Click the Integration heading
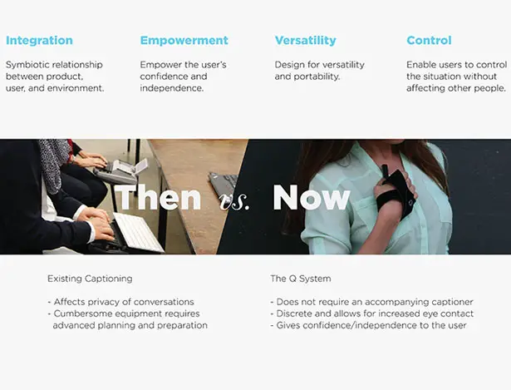(x=39, y=41)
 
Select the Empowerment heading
(x=184, y=41)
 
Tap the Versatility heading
(x=306, y=41)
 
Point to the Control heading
(x=429, y=41)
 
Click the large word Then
(x=159, y=197)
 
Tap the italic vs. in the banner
(x=234, y=202)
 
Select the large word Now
(x=312, y=197)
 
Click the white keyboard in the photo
(x=139, y=232)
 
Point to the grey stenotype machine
(x=119, y=171)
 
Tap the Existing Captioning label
(x=90, y=279)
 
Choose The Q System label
(x=301, y=279)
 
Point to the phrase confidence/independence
(x=346, y=325)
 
